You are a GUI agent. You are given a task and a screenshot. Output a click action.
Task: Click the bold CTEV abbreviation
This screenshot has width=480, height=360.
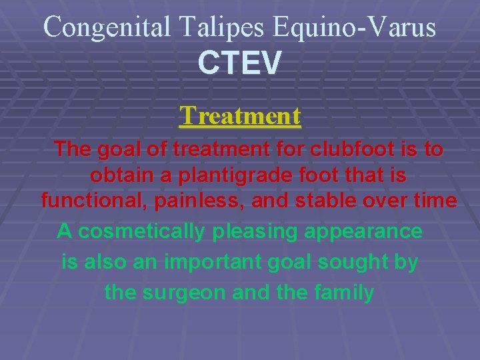pos(240,63)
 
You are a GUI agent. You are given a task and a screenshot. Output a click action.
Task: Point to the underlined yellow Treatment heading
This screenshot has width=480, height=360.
pos(240,116)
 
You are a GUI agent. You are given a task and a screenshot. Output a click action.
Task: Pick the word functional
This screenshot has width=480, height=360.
pos(87,201)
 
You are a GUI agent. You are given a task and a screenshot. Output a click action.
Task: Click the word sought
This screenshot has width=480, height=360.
pos(359,262)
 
